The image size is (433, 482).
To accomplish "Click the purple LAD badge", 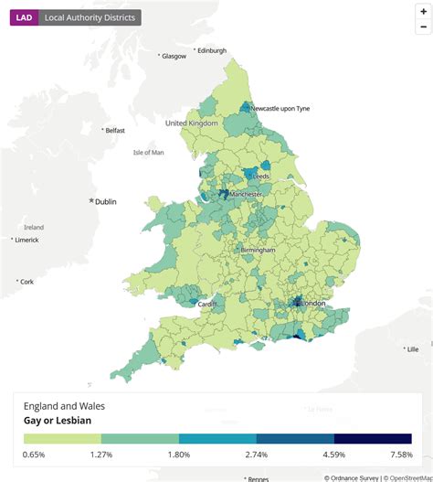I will point(23,17).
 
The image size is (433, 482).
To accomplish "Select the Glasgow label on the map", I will point(174,56).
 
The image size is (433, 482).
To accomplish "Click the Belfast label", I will point(114,131).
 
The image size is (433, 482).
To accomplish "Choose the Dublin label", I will point(107,201).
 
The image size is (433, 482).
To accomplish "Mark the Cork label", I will point(26,281).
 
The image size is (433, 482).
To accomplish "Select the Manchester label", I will point(245,194).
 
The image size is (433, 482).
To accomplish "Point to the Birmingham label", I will point(257,250).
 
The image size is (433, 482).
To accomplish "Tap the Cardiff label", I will point(207,304).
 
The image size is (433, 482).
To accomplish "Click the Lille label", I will point(412,348).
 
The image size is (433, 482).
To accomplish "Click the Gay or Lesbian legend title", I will point(58,421).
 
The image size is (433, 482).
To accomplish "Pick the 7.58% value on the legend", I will point(400,454).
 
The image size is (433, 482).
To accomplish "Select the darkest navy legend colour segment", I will point(373,439).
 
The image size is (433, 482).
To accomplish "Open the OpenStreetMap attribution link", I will point(407,477).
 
